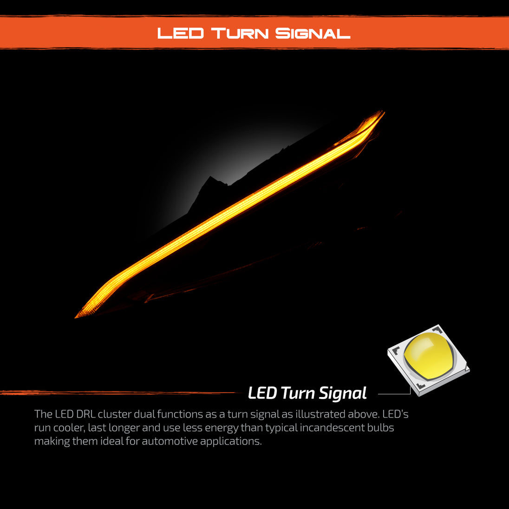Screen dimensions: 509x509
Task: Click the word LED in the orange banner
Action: pyautogui.click(x=181, y=33)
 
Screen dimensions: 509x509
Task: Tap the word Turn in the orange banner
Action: pyautogui.click(x=240, y=33)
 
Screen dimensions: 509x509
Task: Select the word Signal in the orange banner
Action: pyautogui.click(x=313, y=33)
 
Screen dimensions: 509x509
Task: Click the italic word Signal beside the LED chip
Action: pyautogui.click(x=342, y=394)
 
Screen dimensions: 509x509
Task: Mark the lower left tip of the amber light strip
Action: pyautogui.click(x=75, y=317)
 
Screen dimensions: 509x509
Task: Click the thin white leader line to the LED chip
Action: pyautogui.click(x=394, y=394)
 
